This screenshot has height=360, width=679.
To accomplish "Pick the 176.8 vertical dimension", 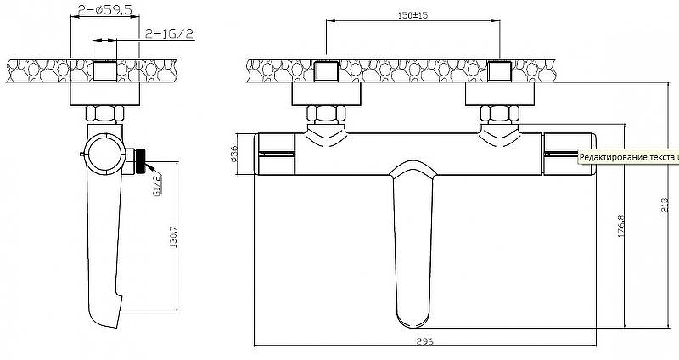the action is [x=622, y=228].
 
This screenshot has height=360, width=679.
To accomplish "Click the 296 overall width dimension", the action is [x=425, y=342].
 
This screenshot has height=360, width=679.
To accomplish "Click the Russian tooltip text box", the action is [x=628, y=156].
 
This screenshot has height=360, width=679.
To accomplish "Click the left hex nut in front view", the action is [x=326, y=114].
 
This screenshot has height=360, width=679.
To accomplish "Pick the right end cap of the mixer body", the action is [x=569, y=154].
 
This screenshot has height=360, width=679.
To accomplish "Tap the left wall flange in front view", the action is [x=326, y=93].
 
